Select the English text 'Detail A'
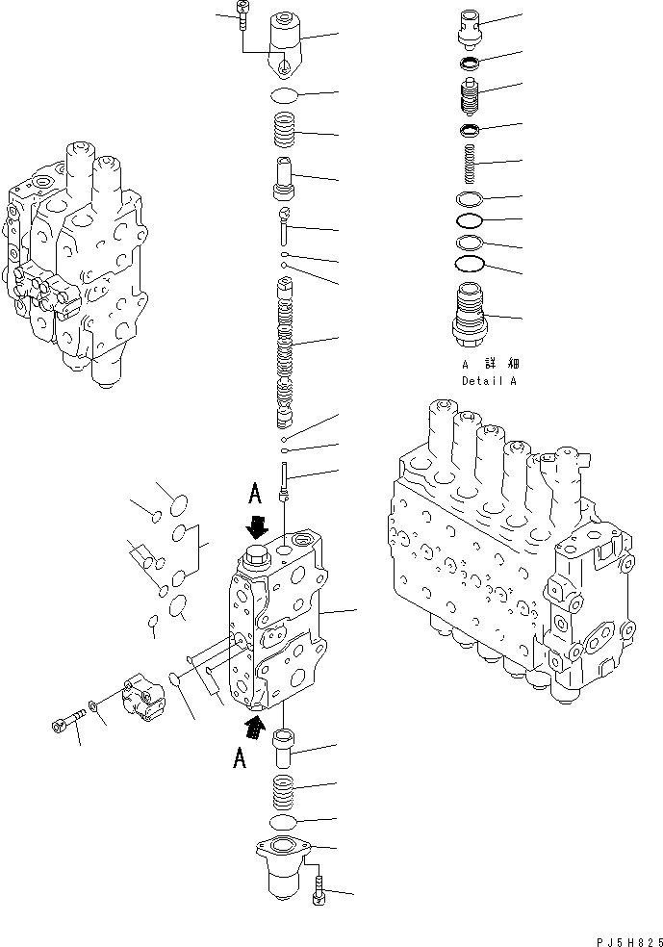(488, 381)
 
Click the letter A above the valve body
(255, 495)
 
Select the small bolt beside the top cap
(241, 17)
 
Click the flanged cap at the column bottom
(282, 866)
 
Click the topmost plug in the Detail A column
(472, 26)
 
